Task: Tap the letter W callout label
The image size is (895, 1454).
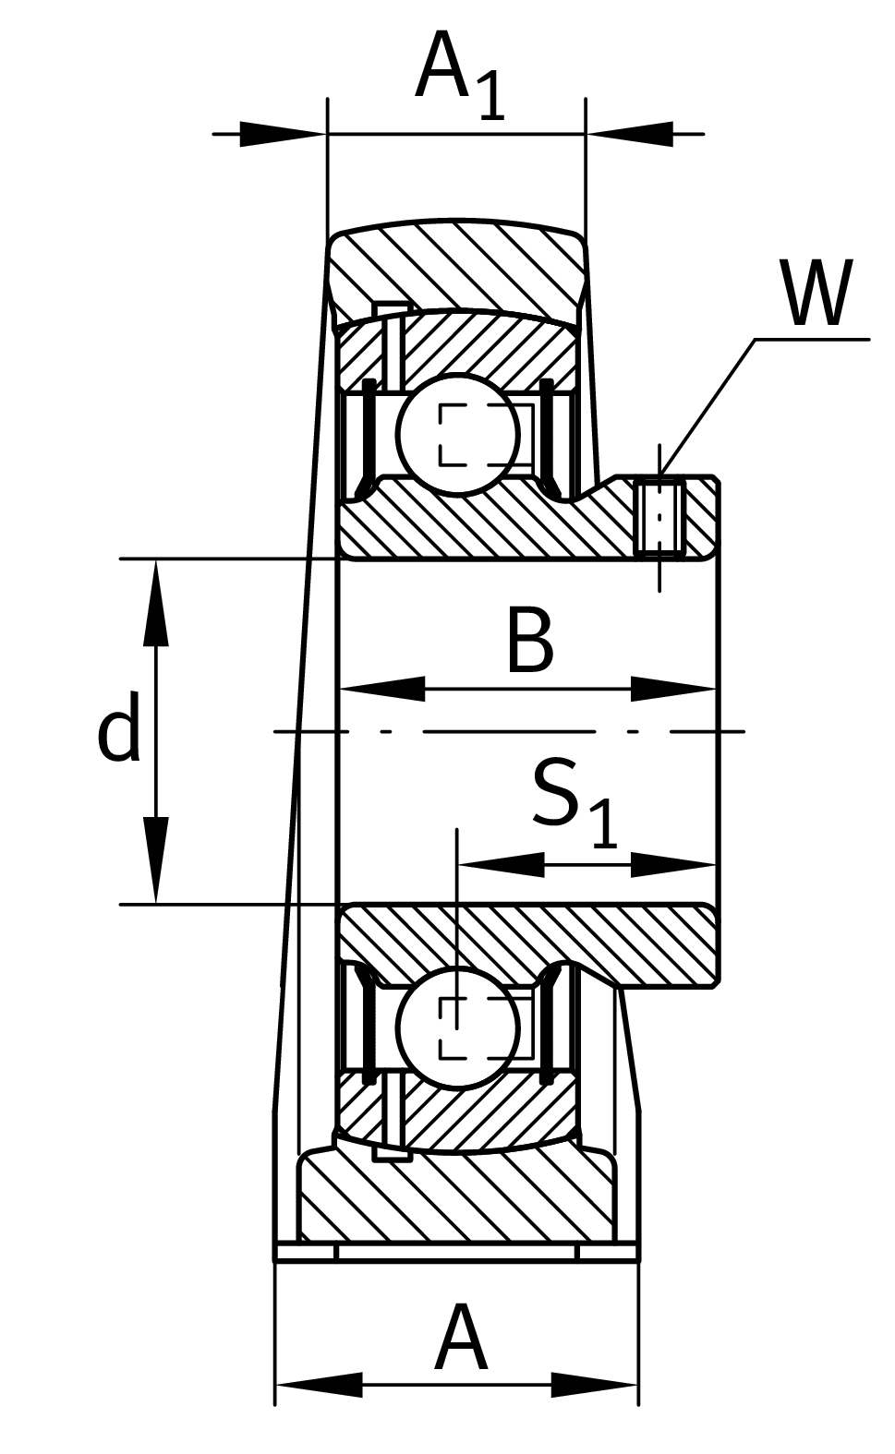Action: (816, 294)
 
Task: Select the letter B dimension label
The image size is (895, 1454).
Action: (529, 641)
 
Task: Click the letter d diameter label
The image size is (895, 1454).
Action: (119, 727)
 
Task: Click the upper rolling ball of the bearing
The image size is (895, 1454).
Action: (458, 434)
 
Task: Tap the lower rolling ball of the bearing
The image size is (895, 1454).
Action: (458, 1027)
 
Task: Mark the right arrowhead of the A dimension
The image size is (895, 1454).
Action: (595, 1385)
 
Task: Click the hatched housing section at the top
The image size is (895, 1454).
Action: (457, 263)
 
